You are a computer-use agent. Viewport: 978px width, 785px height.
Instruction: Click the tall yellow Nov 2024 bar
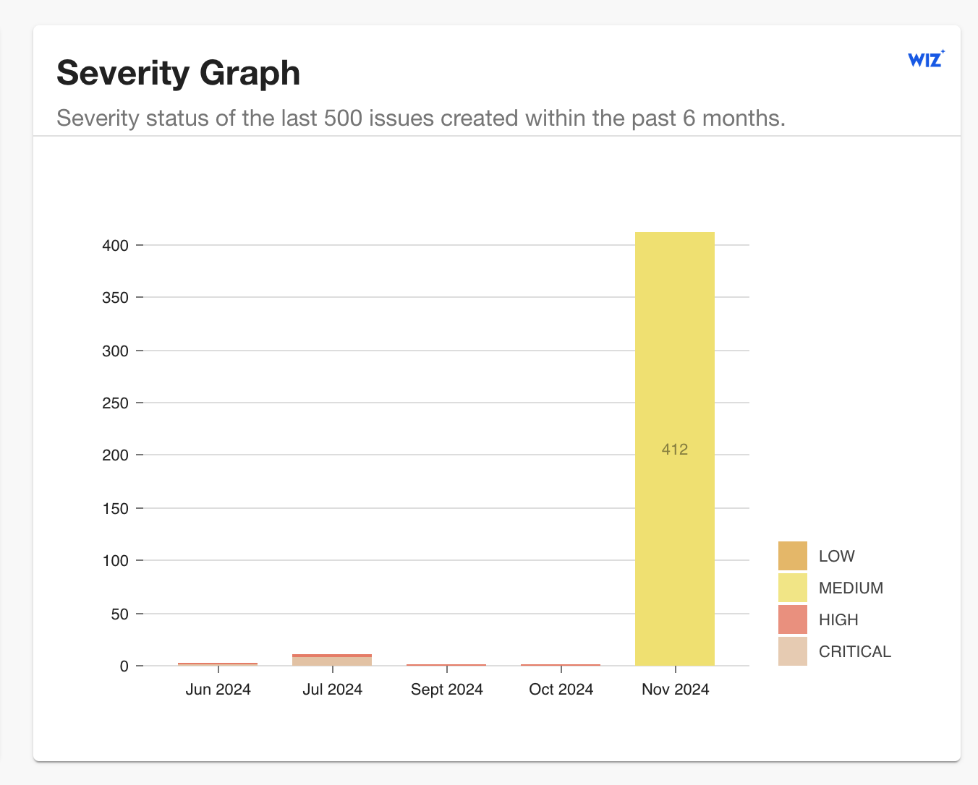pos(674,361)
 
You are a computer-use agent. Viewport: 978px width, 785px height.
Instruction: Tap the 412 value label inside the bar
pos(674,450)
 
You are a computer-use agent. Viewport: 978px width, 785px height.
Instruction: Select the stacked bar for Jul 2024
pos(332,660)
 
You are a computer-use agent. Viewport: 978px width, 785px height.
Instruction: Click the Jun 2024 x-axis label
pos(218,690)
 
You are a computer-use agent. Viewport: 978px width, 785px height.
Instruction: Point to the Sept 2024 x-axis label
pos(446,690)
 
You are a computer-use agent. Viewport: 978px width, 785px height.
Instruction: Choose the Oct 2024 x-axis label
pos(561,690)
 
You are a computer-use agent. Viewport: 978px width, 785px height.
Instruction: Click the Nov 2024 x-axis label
pos(675,690)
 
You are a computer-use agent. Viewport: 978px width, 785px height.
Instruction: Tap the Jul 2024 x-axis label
pos(332,690)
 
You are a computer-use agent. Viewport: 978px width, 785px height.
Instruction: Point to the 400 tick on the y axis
pos(116,246)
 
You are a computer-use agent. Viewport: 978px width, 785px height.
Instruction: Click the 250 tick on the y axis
pos(116,403)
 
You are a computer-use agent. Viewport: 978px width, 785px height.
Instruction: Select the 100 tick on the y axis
pos(116,561)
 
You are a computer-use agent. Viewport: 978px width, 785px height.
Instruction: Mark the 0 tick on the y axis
pos(124,666)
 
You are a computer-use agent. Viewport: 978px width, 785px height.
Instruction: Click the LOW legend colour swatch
pos(792,556)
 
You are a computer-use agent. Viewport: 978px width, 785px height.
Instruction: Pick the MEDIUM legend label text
pos(851,588)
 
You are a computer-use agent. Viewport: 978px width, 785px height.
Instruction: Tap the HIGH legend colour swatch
pos(792,620)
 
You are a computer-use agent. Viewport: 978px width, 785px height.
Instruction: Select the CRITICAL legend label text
pos(854,652)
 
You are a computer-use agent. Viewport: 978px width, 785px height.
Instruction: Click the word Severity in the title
pos(122,73)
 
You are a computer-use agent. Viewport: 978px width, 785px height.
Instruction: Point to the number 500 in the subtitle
pos(344,118)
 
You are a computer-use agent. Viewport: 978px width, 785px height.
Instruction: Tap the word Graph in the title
pos(250,73)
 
